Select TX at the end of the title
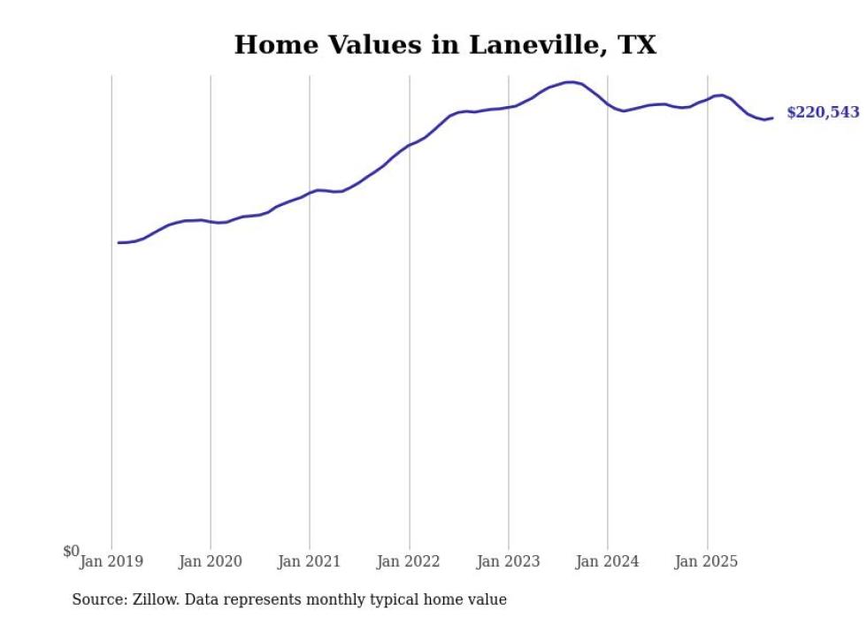click(x=636, y=45)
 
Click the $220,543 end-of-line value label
click(x=823, y=113)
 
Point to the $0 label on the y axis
click(x=71, y=552)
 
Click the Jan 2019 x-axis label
click(x=111, y=561)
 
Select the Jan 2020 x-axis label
click(x=211, y=561)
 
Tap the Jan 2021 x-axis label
click(x=310, y=561)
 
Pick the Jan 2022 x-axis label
click(x=409, y=561)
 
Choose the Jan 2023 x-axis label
click(x=509, y=561)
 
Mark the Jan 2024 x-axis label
click(x=608, y=561)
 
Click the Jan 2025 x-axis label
click(x=707, y=561)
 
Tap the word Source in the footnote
click(x=98, y=599)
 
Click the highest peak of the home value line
click(x=571, y=82)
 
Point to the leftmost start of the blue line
click(x=119, y=242)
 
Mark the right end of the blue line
click(x=772, y=118)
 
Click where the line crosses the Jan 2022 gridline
click(x=410, y=145)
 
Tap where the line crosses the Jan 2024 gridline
click(x=608, y=105)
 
